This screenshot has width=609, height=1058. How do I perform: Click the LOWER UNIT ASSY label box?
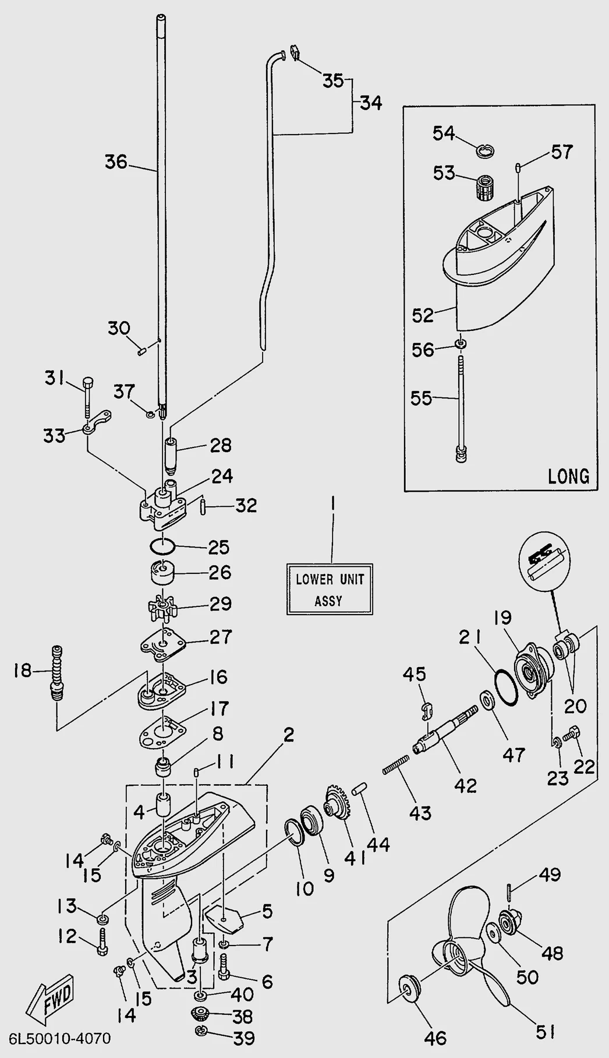click(x=330, y=589)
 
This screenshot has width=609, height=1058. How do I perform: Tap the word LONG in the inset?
click(x=568, y=476)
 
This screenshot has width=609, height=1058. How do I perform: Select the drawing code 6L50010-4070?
click(x=59, y=1039)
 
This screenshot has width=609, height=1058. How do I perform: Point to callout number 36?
click(x=116, y=161)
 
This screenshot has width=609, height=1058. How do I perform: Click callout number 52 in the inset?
click(x=423, y=315)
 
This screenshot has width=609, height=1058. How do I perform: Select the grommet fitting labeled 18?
click(x=57, y=673)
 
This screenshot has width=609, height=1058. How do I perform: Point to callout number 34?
click(x=371, y=103)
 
